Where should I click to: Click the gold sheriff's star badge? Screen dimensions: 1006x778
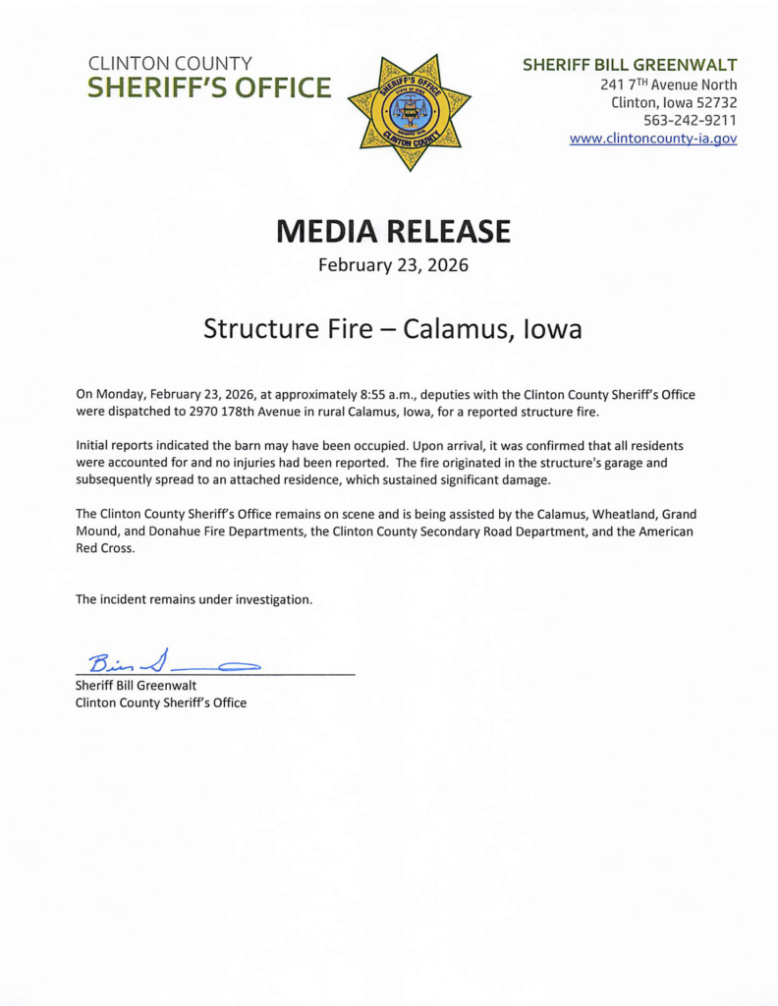coord(409,110)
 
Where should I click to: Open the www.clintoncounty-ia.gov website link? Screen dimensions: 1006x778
coord(653,139)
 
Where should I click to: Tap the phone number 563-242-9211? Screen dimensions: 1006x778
coord(690,120)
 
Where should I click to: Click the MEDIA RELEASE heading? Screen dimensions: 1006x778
coord(393,231)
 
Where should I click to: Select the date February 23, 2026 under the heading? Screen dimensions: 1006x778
coord(393,265)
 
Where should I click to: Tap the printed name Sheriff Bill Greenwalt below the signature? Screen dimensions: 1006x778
coord(137,685)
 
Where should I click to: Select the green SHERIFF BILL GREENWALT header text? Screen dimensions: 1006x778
coord(630,65)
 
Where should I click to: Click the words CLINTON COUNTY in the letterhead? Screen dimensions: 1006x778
coord(170,64)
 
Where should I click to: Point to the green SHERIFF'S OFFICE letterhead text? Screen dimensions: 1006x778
coord(209,88)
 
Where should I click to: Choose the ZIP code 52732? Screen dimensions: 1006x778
coord(714,102)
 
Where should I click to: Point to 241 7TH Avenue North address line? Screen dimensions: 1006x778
coord(668,84)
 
